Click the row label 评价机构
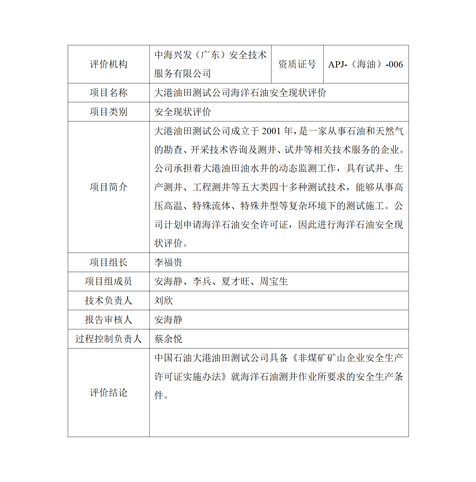point(109,64)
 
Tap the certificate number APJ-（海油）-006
point(365,64)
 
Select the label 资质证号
point(297,64)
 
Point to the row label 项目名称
point(109,93)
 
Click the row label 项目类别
point(109,112)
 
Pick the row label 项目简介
point(109,187)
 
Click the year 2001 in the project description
point(271,131)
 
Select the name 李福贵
point(168,262)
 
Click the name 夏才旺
point(235,281)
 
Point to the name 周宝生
point(274,281)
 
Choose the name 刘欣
point(163,301)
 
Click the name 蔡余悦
point(168,339)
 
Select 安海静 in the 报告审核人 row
point(168,320)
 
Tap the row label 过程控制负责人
point(109,339)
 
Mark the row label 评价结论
point(109,393)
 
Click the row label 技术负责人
point(109,301)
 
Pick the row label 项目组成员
point(109,281)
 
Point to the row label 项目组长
point(109,262)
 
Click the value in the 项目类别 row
point(183,112)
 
